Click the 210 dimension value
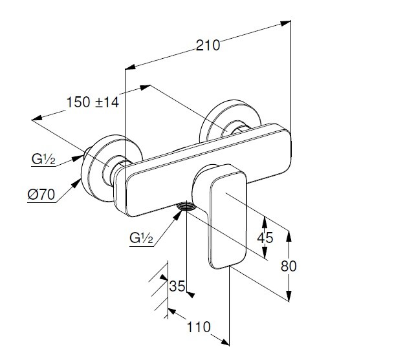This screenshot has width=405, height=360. pyautogui.click(x=208, y=45)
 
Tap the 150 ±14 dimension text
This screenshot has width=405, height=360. pyautogui.click(x=92, y=101)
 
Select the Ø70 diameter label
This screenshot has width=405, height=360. pyautogui.click(x=41, y=194)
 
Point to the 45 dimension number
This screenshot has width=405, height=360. pyautogui.click(x=265, y=237)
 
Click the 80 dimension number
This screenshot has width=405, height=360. pyautogui.click(x=289, y=266)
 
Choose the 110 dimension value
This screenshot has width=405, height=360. pyautogui.click(x=197, y=327)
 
